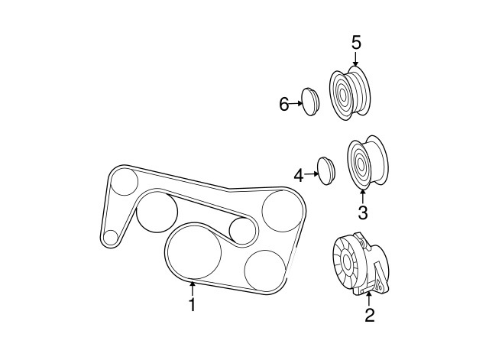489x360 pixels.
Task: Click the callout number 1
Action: [x=193, y=305]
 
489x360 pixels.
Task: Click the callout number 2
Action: [x=370, y=314]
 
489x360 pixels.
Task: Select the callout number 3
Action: [x=362, y=211]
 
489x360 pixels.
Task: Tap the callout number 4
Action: [x=299, y=176]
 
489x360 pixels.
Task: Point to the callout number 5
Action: [x=356, y=42]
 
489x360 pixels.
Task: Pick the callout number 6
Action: [x=284, y=105]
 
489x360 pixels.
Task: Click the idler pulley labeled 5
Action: [x=349, y=93]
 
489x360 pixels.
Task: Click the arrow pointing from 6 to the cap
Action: [x=296, y=103]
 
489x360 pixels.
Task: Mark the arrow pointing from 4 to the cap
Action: [x=312, y=175]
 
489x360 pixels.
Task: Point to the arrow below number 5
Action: [x=356, y=58]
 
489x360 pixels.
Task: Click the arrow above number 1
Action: [x=193, y=287]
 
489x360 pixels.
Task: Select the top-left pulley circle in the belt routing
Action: [x=124, y=182]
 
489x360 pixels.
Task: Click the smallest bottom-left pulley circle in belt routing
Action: [x=112, y=237]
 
